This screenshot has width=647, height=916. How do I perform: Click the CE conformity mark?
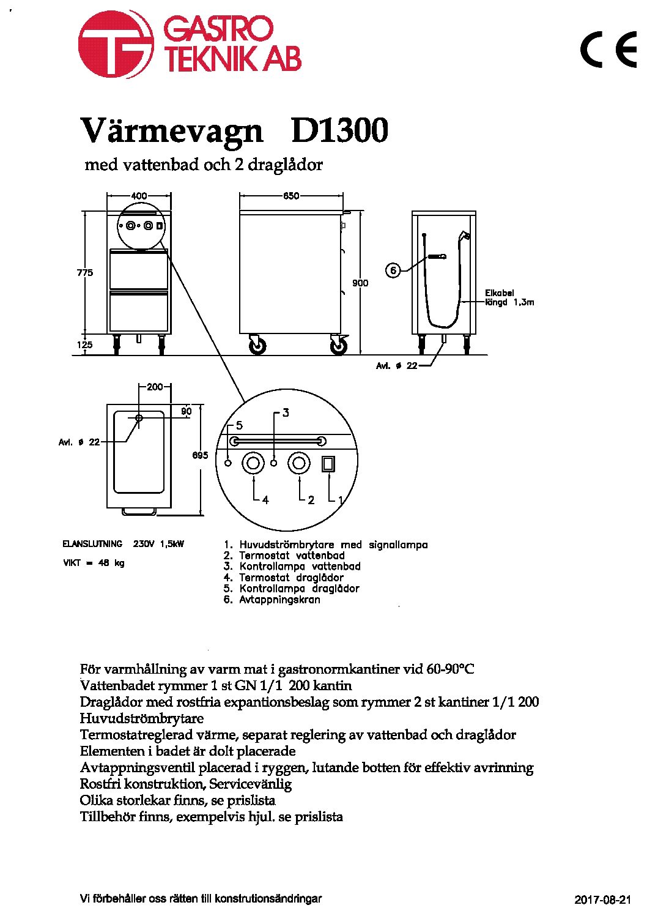[x=608, y=50]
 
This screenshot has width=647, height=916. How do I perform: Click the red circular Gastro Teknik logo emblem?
[x=116, y=44]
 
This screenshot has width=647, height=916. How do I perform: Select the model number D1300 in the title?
[x=339, y=130]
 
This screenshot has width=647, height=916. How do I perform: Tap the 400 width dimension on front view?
[x=139, y=196]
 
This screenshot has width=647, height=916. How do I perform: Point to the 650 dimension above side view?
[x=291, y=196]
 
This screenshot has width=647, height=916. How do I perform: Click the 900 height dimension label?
[x=360, y=283]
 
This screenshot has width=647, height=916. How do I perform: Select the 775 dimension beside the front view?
[x=85, y=272]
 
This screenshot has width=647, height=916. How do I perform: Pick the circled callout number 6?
[x=393, y=270]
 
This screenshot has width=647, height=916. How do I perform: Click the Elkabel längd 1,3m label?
[x=509, y=298]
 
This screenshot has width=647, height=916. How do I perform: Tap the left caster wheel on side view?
[x=257, y=346]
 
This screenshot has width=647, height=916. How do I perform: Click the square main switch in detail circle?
[x=328, y=464]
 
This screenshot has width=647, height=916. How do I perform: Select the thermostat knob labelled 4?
[x=253, y=463]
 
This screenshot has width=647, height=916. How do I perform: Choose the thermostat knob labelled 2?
[x=299, y=463]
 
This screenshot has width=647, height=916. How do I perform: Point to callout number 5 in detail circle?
[x=239, y=426]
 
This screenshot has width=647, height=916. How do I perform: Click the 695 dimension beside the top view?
[x=200, y=455]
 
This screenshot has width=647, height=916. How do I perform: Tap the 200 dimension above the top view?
[x=155, y=387]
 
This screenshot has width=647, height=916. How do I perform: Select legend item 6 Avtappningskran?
[x=272, y=600]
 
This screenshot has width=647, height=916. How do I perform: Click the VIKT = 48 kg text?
[x=94, y=563]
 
